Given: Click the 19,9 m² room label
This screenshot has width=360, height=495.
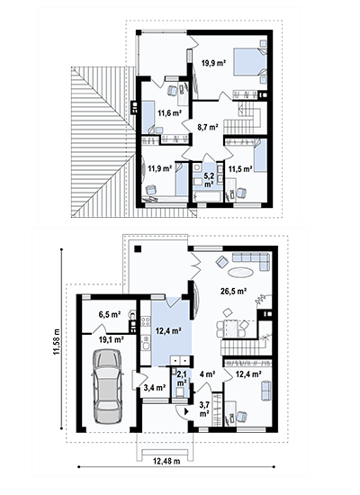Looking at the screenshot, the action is pos(213,62).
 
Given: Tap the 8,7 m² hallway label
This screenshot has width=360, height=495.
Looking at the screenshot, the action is pos(208,127).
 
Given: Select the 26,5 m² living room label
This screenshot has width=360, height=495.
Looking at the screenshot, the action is pos(233,291).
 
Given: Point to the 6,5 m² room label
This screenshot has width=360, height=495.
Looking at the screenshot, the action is pos(110,314).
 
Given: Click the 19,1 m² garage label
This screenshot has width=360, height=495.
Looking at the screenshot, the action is pos(112,339).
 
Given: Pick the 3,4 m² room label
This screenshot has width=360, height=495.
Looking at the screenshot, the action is pos(155,387).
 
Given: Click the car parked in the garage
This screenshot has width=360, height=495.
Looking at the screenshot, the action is pos(107,387).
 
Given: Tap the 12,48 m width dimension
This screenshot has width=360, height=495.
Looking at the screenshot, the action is pos(166,461).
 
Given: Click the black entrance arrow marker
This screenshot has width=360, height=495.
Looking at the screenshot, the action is pos(186,411).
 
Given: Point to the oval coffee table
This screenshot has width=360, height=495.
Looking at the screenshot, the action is pos(240,272).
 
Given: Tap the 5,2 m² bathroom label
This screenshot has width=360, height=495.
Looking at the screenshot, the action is pos(208,180).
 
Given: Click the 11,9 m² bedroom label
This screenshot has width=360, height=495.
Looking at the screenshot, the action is pos(160,168).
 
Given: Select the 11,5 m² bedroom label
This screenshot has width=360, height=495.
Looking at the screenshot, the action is pos(240,169).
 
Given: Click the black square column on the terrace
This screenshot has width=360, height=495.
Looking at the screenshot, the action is pos(138,248).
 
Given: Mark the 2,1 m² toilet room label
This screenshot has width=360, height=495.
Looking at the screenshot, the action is pos(182,378).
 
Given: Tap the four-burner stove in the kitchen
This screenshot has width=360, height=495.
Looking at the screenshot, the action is pos(146,321).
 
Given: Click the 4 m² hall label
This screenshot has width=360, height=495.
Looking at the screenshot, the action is pos(208,374).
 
